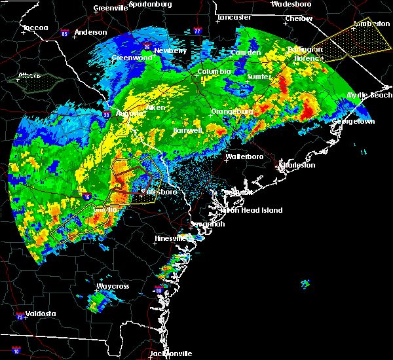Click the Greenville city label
[109, 8]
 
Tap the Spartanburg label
[150, 4]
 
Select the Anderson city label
[90, 32]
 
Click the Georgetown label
[354, 122]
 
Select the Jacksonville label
[170, 353]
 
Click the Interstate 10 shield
[16, 351]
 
